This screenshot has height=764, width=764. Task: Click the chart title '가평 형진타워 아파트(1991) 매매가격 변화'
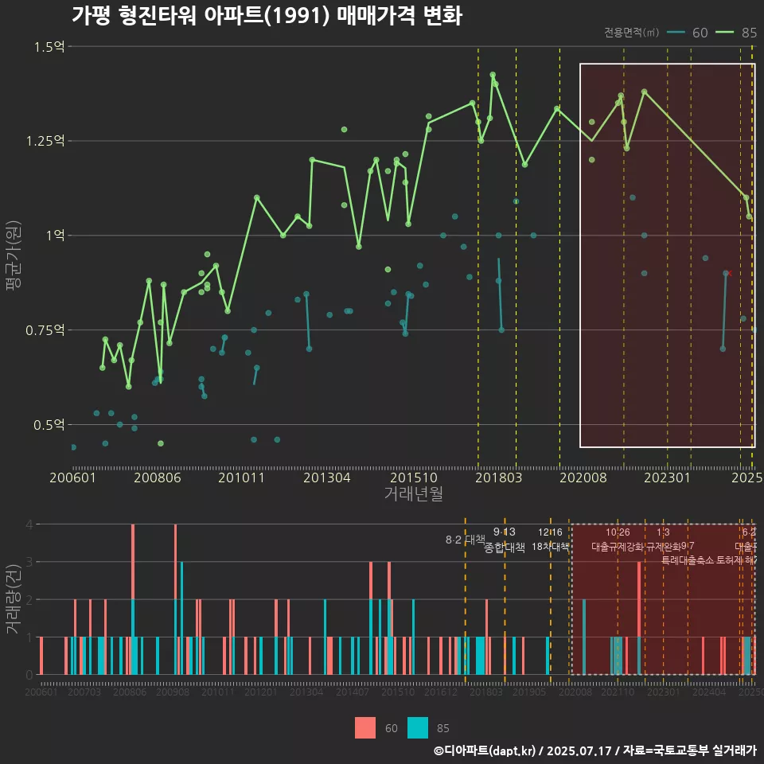coord(267,16)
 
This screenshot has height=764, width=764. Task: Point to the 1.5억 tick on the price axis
coord(49,47)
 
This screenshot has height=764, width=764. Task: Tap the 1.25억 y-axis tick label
coord(45,141)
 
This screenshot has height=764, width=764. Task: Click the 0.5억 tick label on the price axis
coord(49,425)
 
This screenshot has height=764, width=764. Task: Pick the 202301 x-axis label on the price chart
coord(667,477)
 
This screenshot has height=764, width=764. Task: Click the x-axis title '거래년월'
coord(413,493)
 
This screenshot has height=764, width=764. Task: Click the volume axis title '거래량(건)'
coord(13,599)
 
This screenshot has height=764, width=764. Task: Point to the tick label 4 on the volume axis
coord(29,524)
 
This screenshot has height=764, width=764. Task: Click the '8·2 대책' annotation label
coord(465,540)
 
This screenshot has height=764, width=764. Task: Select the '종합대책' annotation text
coord(505,548)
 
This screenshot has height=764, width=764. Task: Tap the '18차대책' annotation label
coord(550,547)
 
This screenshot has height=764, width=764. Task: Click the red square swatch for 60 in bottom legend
coord(365,727)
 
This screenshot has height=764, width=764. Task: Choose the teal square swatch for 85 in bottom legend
coord(418,727)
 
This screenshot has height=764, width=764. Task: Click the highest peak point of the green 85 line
coord(493,75)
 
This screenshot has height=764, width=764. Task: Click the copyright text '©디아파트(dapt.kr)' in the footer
coord(485,750)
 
